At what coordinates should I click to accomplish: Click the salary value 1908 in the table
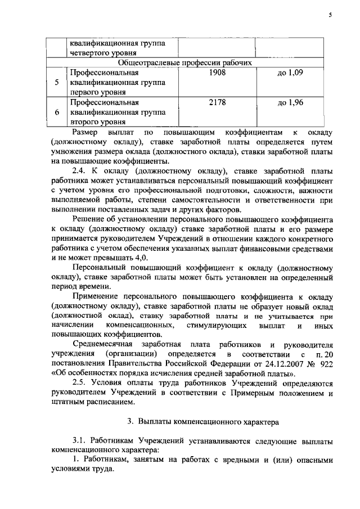click(x=217, y=73)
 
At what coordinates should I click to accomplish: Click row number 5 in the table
click(x=57, y=83)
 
